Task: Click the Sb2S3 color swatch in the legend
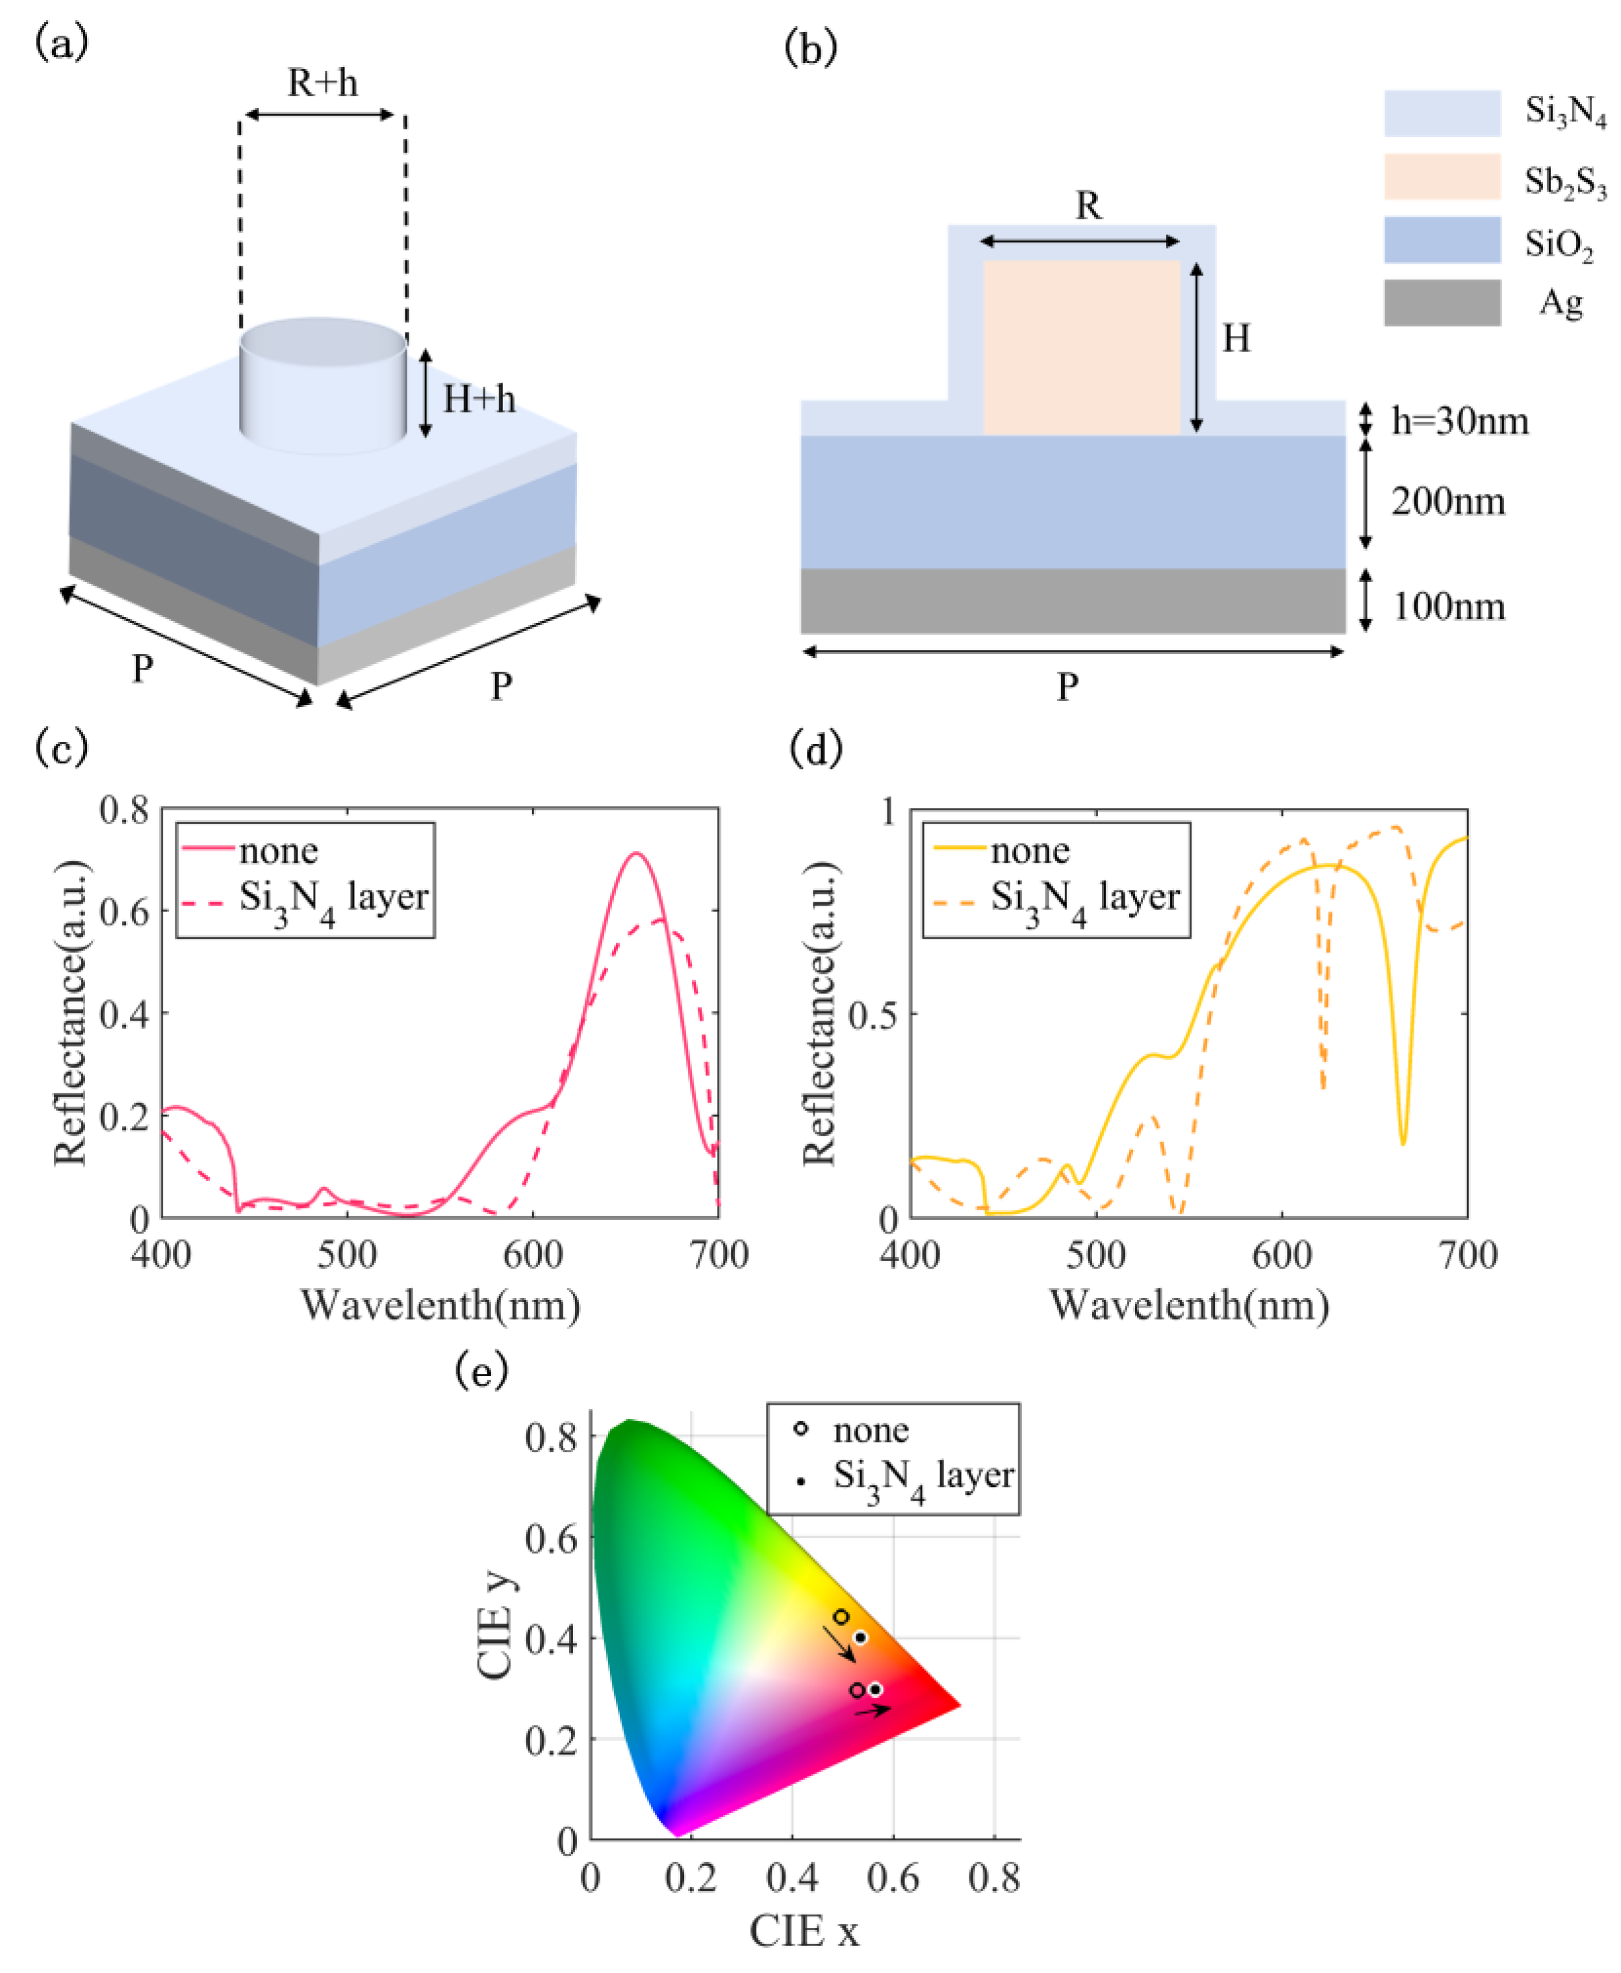[1442, 177]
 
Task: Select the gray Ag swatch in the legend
[1442, 303]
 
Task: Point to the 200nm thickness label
[1448, 502]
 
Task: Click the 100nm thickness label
[1448, 607]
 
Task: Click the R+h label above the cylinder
[322, 83]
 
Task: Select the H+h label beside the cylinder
[478, 400]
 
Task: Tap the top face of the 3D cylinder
[322, 342]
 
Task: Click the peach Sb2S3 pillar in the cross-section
[1081, 348]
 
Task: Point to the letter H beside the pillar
[1236, 338]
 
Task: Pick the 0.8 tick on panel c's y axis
[124, 809]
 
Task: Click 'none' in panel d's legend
[1030, 850]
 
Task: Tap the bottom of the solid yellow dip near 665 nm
[1403, 1143]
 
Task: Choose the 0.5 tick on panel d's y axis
[872, 1014]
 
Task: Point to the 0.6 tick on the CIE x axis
[893, 1877]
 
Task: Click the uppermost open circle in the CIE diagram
[841, 1616]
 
